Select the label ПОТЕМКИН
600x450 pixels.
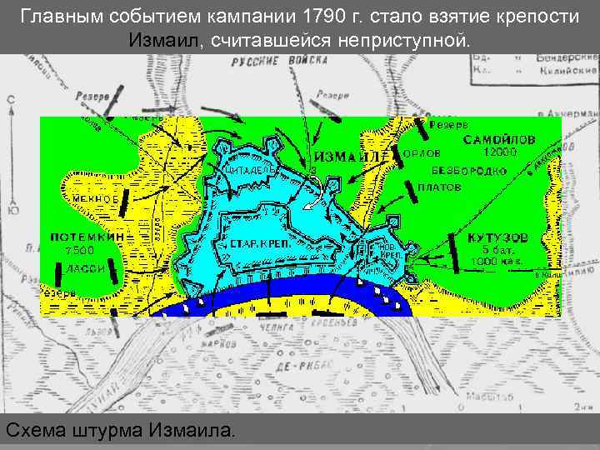click(x=88, y=237)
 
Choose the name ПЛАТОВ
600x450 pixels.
click(x=439, y=188)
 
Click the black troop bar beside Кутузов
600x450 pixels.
click(x=455, y=252)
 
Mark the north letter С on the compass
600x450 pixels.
click(x=11, y=100)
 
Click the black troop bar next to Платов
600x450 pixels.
click(x=412, y=191)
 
